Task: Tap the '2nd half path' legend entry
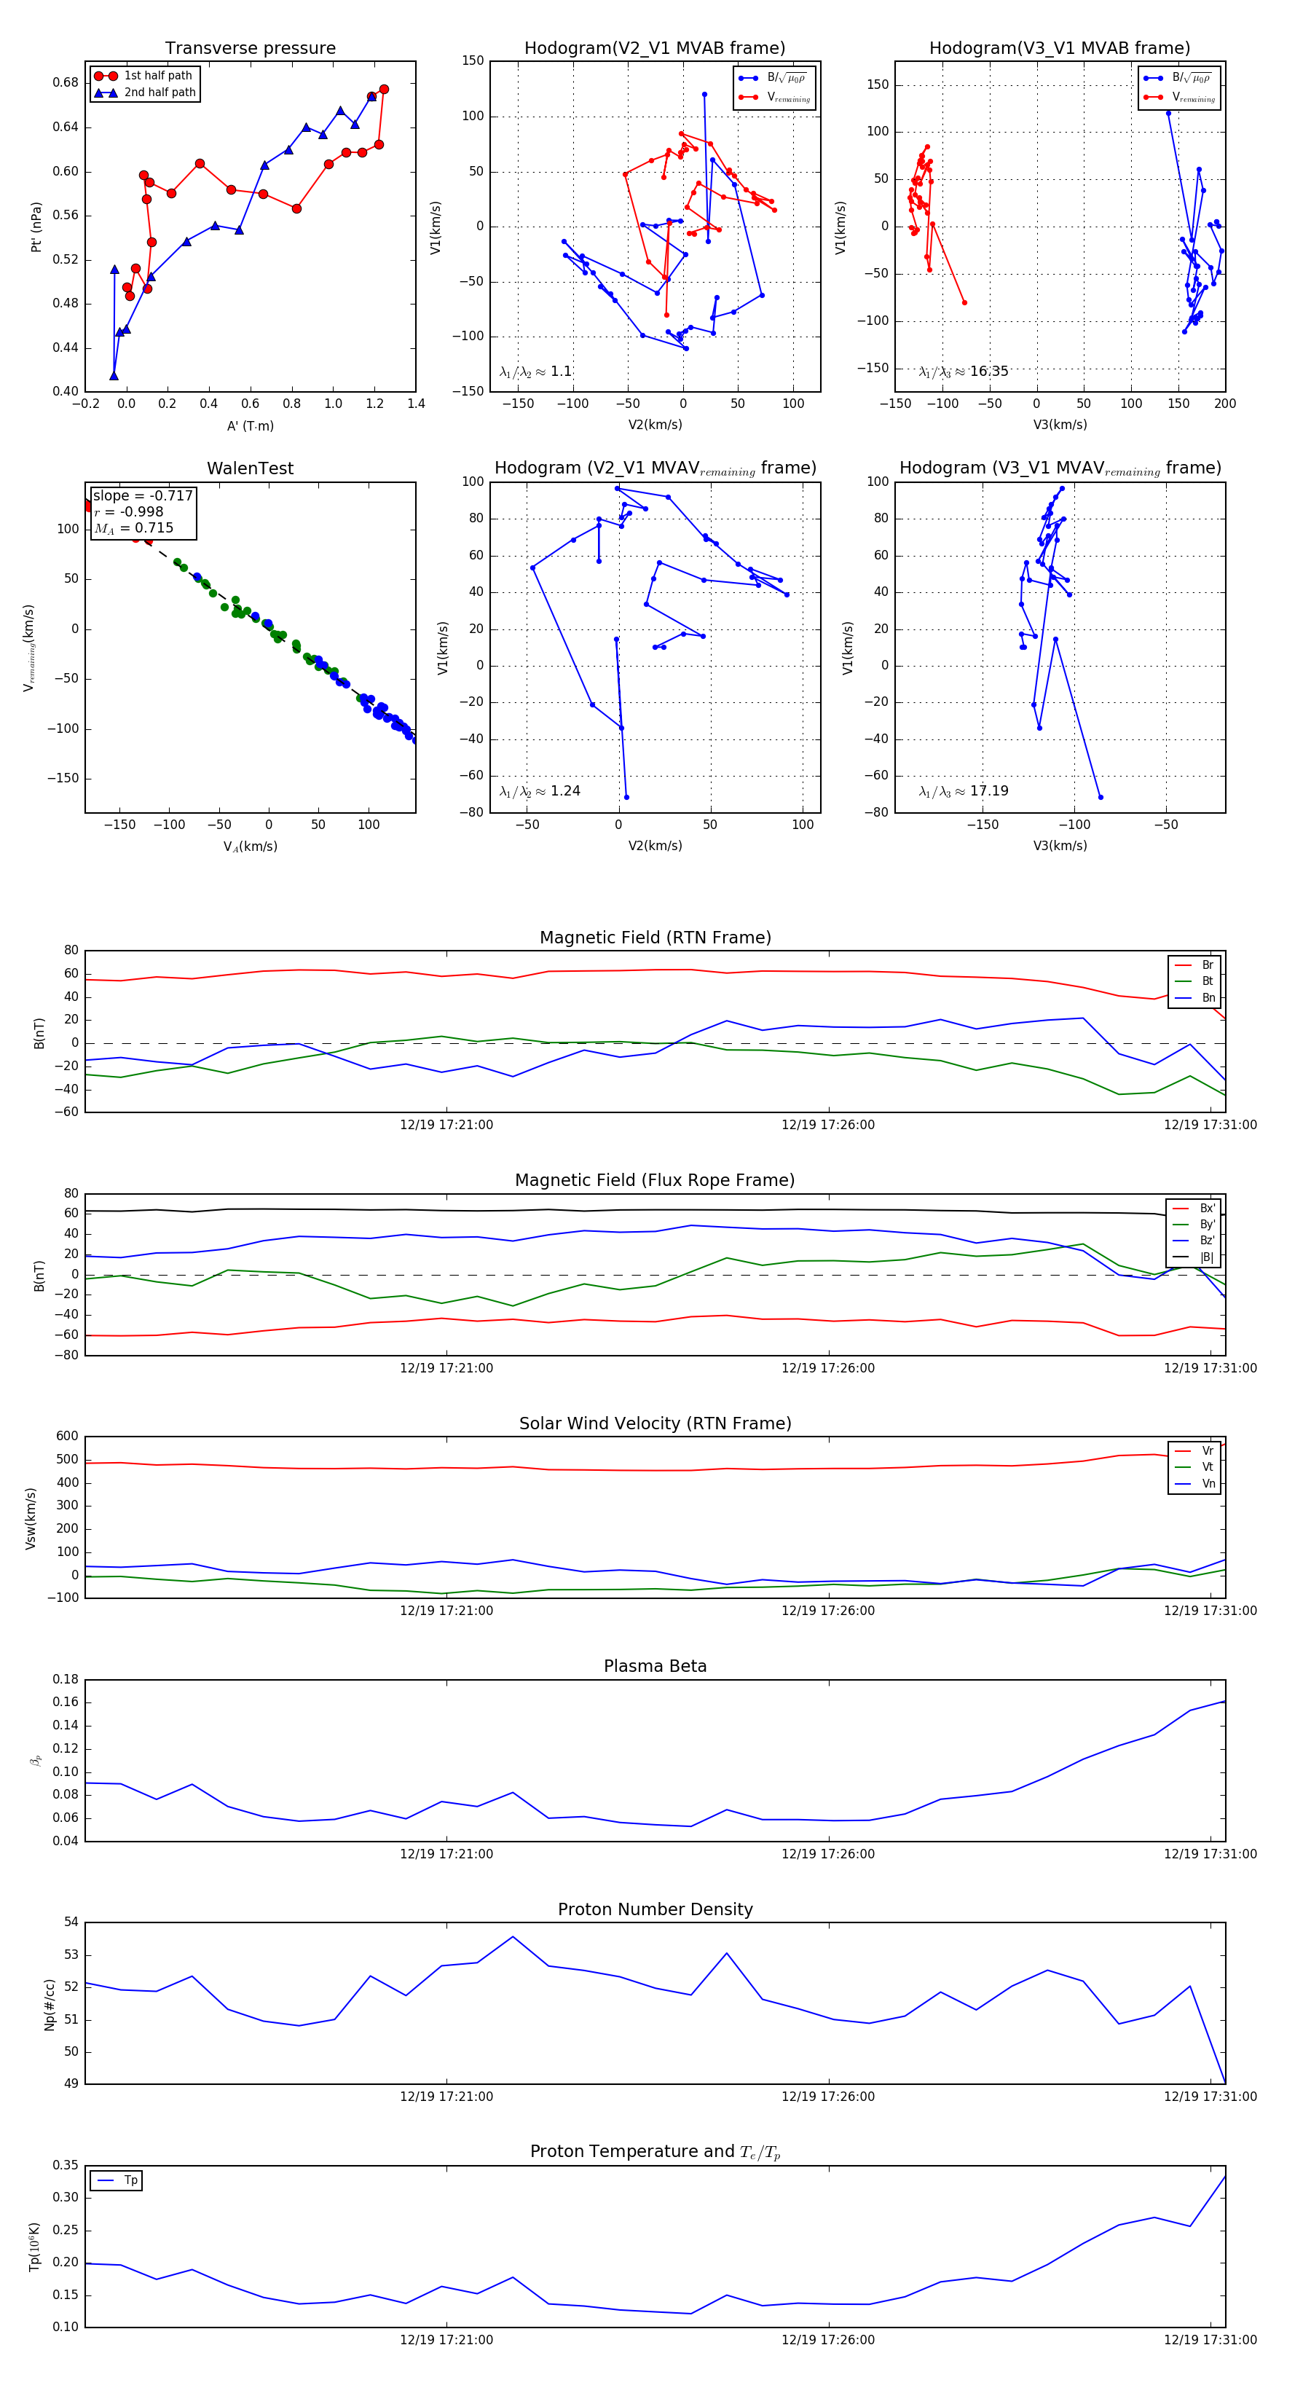coord(160,93)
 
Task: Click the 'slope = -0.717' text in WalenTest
coord(143,495)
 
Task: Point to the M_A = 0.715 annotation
coord(133,528)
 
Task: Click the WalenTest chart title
coord(250,468)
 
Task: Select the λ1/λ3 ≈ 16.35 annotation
coord(963,372)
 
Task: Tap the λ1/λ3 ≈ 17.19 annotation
coord(963,791)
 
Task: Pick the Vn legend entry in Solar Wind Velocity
coord(1208,1484)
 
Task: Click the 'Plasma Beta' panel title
coord(655,1667)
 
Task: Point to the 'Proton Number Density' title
coord(655,1909)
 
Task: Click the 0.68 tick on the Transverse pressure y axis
coord(66,82)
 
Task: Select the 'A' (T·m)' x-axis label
coord(250,426)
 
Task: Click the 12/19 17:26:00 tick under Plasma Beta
coord(827,1854)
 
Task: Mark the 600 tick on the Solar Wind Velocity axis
coord(67,1437)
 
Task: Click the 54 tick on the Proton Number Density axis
coord(71,1922)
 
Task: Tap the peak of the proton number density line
coord(512,1936)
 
